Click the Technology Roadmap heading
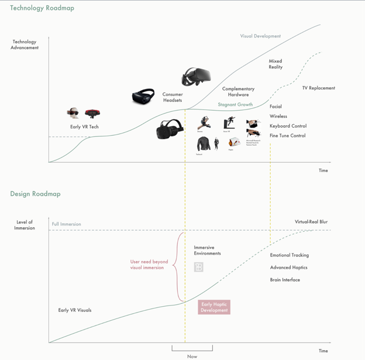(42, 8)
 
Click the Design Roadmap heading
(35, 194)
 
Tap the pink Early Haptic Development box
(214, 307)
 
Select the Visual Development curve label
(260, 36)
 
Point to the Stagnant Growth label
(235, 105)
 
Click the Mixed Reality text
(276, 64)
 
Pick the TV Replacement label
(318, 88)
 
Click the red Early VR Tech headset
(92, 113)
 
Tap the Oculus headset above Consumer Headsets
(195, 77)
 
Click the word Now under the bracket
(192, 356)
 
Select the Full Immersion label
(67, 224)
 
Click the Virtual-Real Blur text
(311, 222)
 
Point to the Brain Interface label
(285, 280)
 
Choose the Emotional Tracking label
(289, 255)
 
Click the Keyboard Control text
(288, 126)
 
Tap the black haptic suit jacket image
(203, 143)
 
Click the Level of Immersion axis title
(25, 225)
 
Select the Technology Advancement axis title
(25, 44)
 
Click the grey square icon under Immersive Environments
(198, 267)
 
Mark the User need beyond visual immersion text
(149, 265)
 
